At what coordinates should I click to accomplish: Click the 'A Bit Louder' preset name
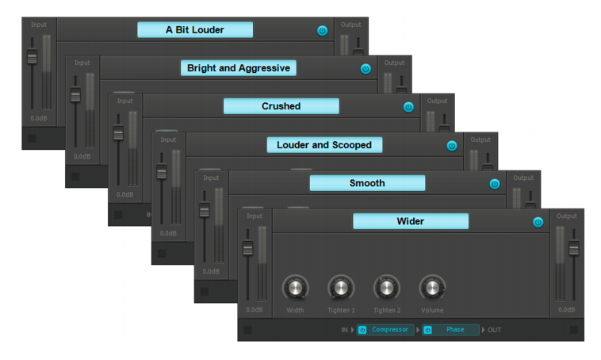click(194, 30)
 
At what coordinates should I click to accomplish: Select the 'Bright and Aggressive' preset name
click(238, 68)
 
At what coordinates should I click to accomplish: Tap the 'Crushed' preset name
click(281, 106)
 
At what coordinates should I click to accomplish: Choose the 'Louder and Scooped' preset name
click(323, 145)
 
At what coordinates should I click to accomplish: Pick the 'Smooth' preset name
click(366, 183)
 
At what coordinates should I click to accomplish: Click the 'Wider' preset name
click(410, 221)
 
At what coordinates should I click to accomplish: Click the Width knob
click(295, 287)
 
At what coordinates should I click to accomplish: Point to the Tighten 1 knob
click(341, 287)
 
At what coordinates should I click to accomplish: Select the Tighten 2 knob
click(387, 287)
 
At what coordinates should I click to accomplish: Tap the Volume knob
click(432, 287)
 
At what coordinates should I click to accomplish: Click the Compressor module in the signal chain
click(389, 330)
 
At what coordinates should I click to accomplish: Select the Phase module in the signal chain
click(455, 330)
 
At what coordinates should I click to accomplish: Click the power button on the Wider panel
click(538, 222)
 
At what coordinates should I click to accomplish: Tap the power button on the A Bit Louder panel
click(322, 31)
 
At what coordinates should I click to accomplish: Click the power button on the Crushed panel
click(408, 107)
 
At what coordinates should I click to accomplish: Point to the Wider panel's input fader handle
click(247, 249)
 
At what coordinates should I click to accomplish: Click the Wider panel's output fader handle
click(573, 248)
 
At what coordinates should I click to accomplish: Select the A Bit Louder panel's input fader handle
click(33, 57)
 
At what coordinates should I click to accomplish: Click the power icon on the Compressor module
click(362, 330)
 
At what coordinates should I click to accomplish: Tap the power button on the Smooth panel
click(495, 184)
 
